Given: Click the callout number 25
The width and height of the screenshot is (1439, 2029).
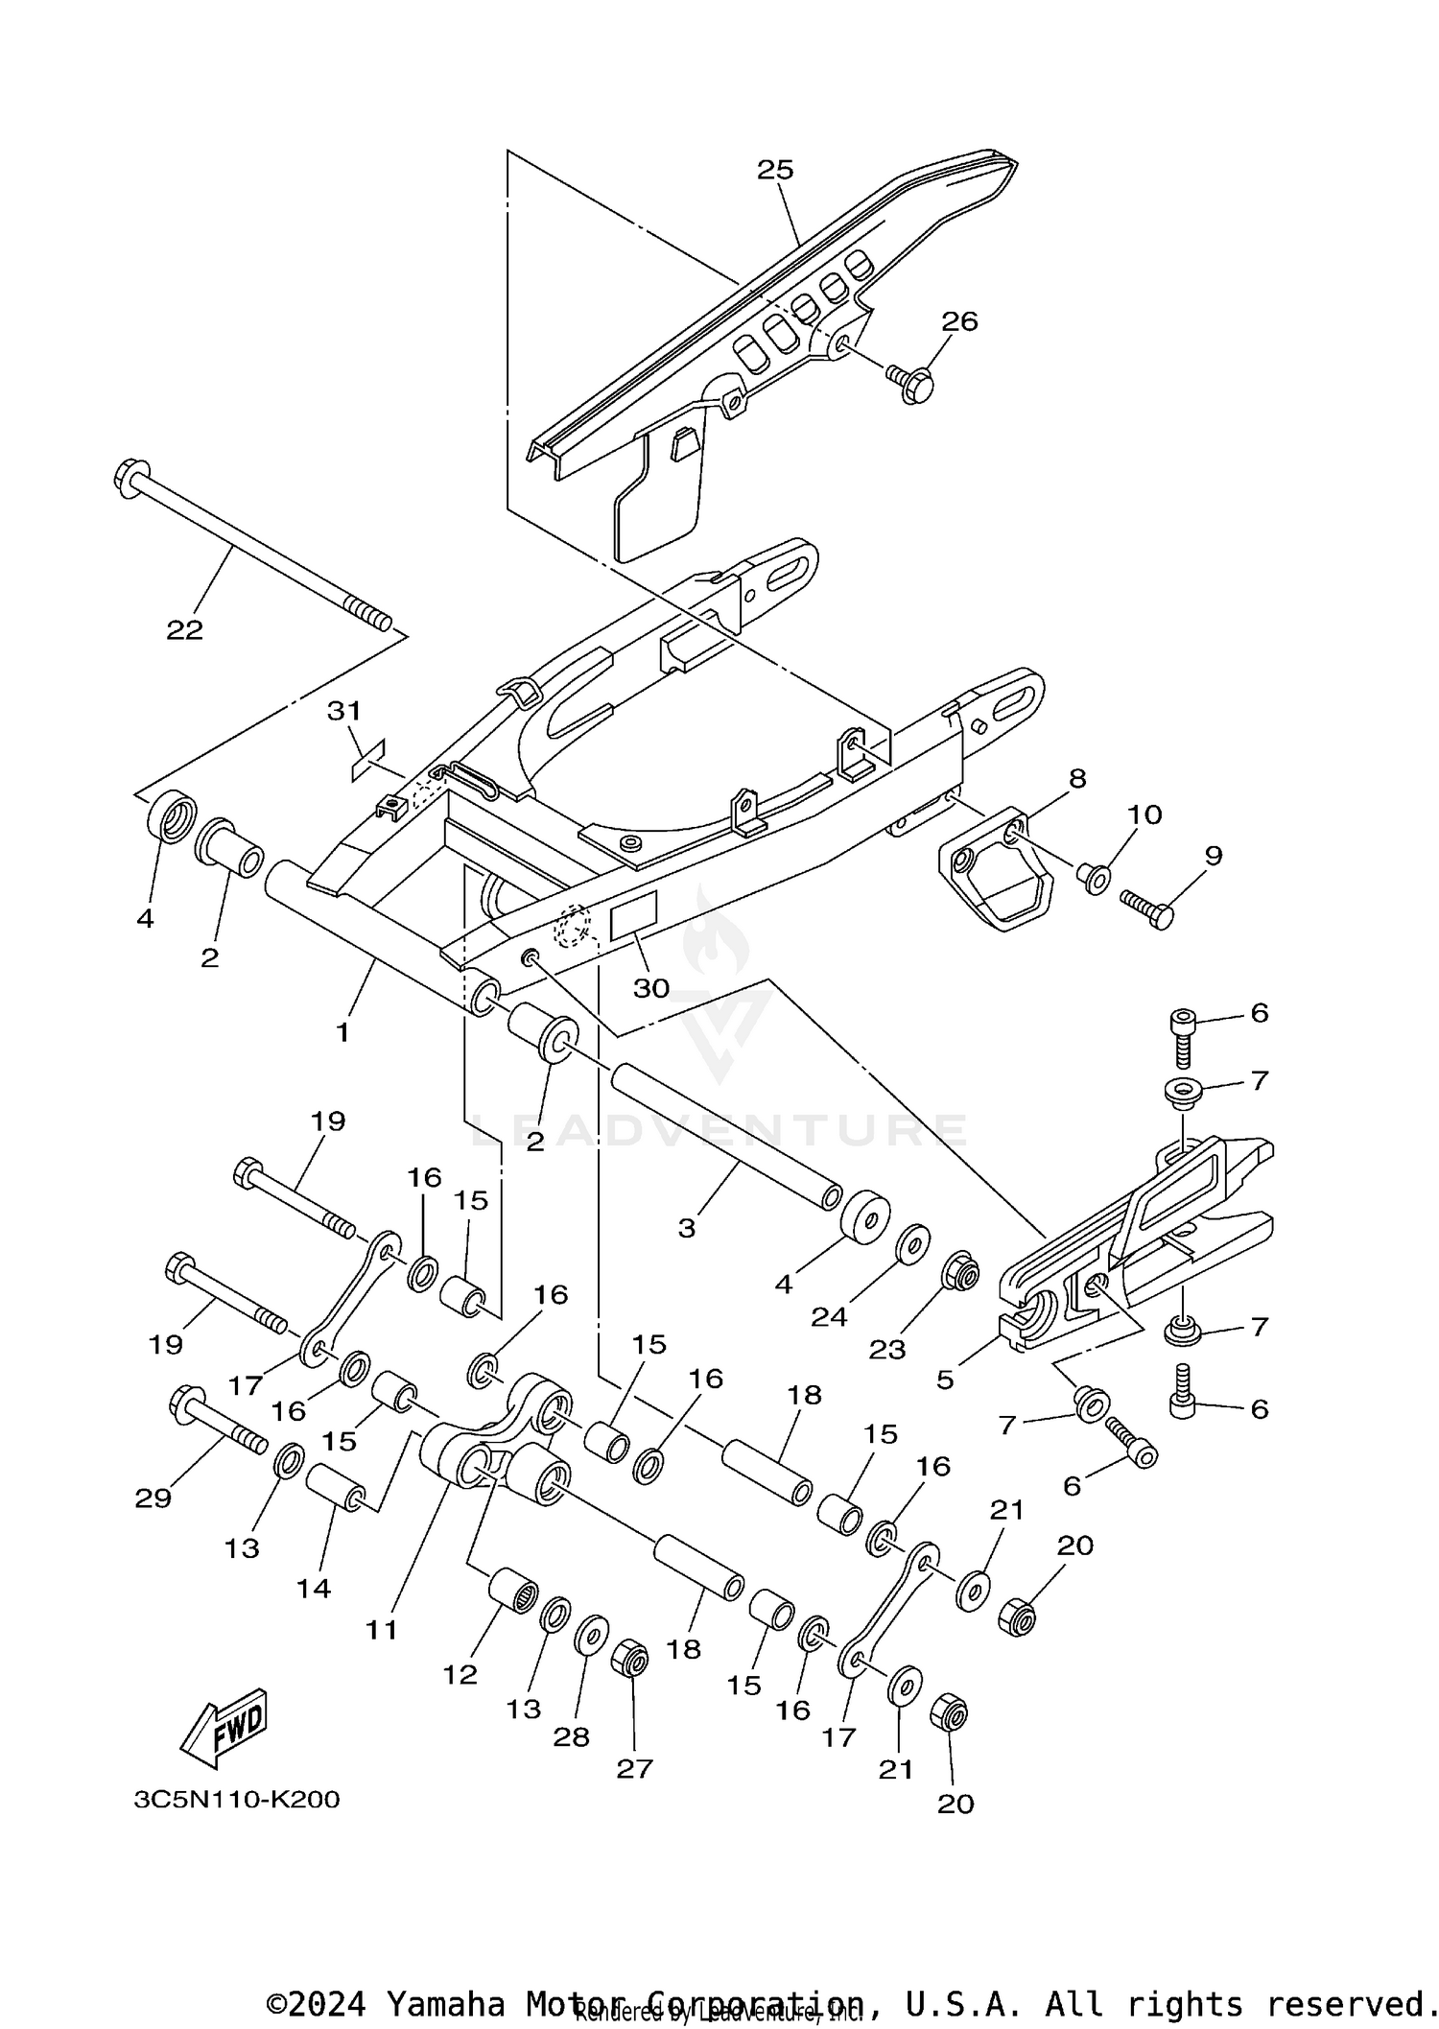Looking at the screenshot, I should click(775, 170).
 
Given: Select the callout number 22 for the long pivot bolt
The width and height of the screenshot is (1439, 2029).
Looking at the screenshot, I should click(185, 630).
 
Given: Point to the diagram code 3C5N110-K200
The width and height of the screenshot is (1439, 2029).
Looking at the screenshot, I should click(237, 1799).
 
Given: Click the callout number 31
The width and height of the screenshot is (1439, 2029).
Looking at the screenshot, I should click(344, 711).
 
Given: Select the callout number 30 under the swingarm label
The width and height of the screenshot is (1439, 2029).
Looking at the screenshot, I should click(651, 988).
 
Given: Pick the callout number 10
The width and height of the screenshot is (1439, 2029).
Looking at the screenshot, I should click(1144, 814).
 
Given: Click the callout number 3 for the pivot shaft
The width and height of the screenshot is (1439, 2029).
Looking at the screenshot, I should click(687, 1228).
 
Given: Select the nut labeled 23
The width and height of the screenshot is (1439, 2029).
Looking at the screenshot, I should click(960, 1273).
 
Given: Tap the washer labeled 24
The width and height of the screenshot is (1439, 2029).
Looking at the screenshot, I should click(911, 1243).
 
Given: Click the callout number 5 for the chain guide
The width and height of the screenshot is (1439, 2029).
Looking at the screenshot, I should click(945, 1380).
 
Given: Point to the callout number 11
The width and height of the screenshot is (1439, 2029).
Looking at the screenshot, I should click(382, 1630).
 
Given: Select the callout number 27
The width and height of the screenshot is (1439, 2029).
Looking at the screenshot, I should click(634, 1768).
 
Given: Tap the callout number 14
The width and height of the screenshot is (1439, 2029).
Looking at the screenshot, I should click(314, 1589).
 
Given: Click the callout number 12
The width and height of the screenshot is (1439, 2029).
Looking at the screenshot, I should click(460, 1674).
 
